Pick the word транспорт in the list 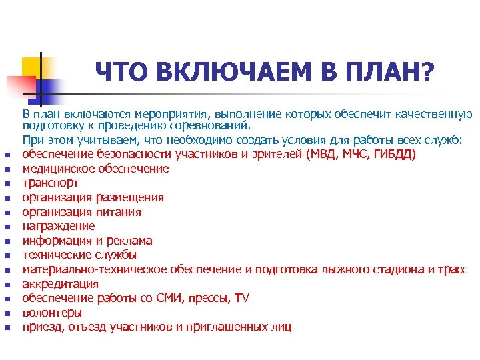click(x=50, y=183)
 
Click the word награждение click(x=58, y=227)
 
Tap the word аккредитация click(x=60, y=284)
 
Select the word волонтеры click(x=52, y=313)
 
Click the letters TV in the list click(x=241, y=298)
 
